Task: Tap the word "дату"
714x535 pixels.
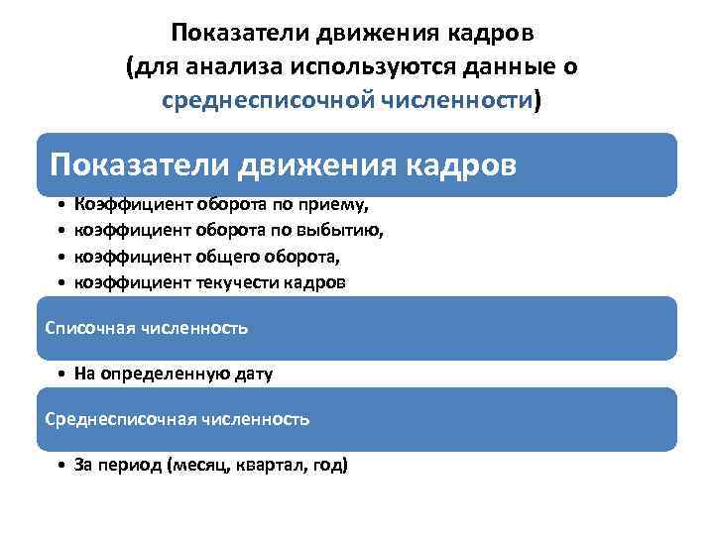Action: (x=253, y=374)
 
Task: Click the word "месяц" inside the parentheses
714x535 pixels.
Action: (x=203, y=466)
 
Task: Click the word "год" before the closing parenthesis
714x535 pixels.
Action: (x=328, y=466)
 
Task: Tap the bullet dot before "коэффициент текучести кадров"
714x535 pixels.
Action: (x=61, y=282)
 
